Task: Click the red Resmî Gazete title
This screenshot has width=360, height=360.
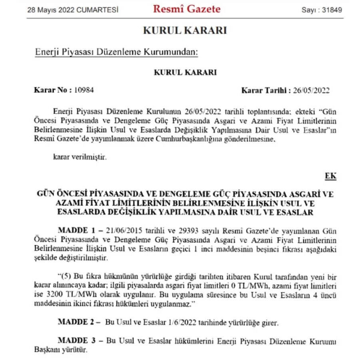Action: [x=186, y=9]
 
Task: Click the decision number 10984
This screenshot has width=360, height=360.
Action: [x=84, y=90]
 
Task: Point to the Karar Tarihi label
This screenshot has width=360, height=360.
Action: [x=266, y=90]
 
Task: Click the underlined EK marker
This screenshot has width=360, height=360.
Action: [x=330, y=176]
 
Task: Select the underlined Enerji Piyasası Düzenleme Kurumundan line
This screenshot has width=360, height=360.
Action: [x=116, y=52]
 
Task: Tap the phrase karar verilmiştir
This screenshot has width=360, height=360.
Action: [x=80, y=156]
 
